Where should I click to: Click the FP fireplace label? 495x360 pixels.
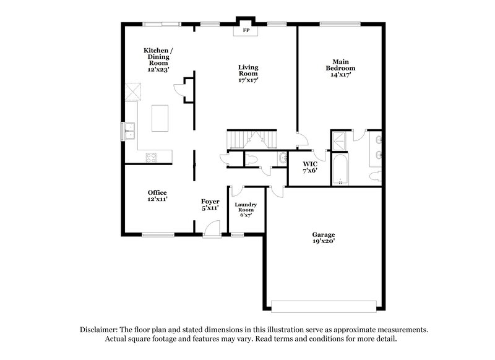246,30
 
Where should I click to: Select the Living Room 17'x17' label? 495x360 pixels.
248,73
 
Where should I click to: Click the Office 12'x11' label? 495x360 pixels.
157,196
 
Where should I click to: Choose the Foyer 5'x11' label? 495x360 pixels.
210,205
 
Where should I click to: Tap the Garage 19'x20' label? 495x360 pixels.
323,238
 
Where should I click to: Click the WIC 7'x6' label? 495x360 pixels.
309,167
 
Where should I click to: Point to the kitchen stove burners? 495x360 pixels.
150,157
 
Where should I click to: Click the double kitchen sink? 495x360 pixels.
131,131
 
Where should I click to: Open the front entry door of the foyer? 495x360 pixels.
212,233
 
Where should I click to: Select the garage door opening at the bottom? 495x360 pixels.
324,306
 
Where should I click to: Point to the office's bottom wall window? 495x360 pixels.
158,234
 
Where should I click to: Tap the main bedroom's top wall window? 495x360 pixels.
339,24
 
